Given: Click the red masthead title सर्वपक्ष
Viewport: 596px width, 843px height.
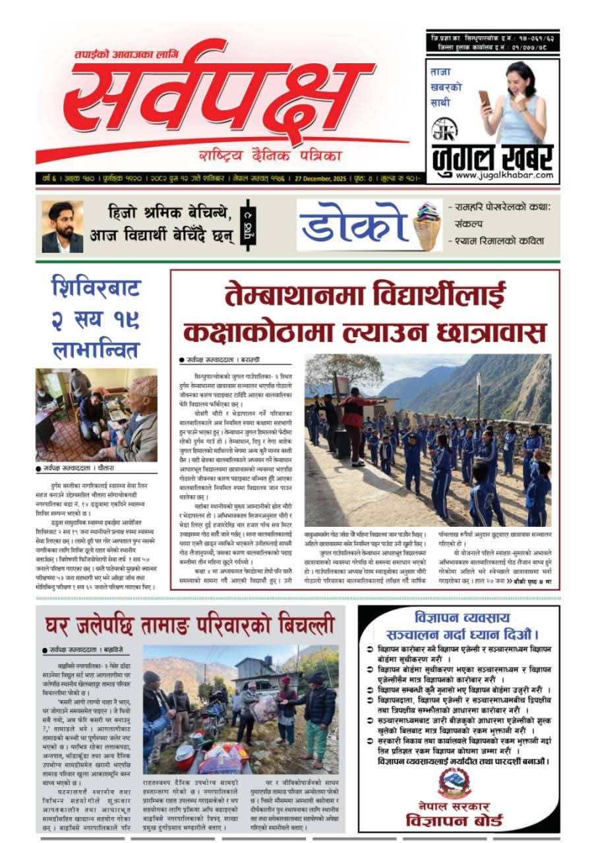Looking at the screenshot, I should (224, 99).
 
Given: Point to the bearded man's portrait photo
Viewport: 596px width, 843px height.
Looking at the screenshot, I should (63, 227).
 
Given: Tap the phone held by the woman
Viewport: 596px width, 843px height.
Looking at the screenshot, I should (485, 99).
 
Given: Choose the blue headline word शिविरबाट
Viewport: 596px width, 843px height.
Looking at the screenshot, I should (96, 288).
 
